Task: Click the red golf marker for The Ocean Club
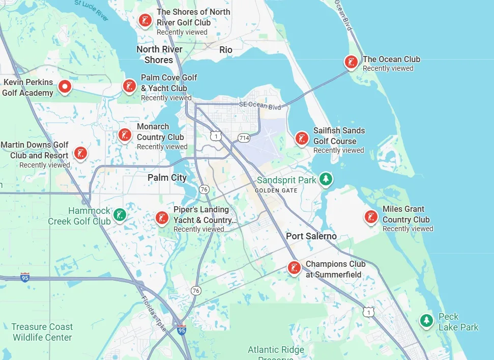[x=351, y=62]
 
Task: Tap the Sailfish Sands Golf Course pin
[x=302, y=138]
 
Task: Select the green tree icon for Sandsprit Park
[x=326, y=179]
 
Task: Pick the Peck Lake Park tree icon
[x=426, y=321]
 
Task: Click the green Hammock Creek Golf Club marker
[x=120, y=214]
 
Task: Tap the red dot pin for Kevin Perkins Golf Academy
[x=64, y=87]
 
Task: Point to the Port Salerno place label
[x=311, y=236]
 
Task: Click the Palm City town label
[x=167, y=178]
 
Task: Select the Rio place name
[x=226, y=49]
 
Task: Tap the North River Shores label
[x=159, y=54]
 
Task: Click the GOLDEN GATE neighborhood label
[x=276, y=190]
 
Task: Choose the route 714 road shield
[x=244, y=138]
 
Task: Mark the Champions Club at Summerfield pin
[x=294, y=267]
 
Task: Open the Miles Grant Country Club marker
[x=371, y=217]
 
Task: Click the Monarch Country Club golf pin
[x=125, y=135]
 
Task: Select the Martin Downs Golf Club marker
[x=80, y=152]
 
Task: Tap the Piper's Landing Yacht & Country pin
[x=162, y=218]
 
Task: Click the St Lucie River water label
[x=92, y=10]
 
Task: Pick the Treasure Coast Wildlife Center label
[x=42, y=332]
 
